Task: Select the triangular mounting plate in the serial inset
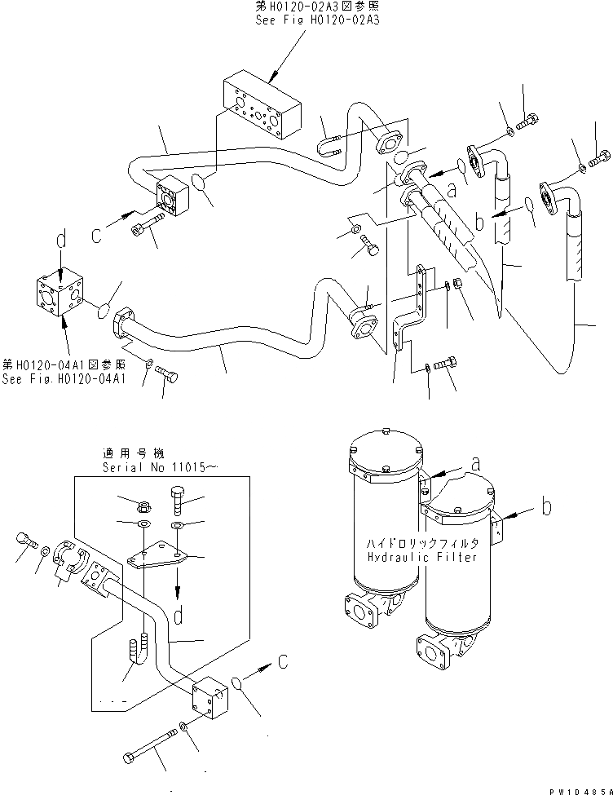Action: pos(158,563)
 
